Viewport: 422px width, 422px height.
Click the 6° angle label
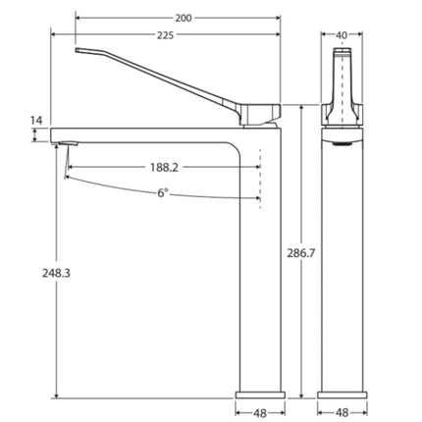162,193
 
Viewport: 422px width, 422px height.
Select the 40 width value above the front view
342,35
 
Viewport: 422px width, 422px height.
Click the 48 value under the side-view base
260,412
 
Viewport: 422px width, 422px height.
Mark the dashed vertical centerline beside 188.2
261,177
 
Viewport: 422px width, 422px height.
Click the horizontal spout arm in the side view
147,136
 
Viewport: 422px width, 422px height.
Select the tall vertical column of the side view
261,275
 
